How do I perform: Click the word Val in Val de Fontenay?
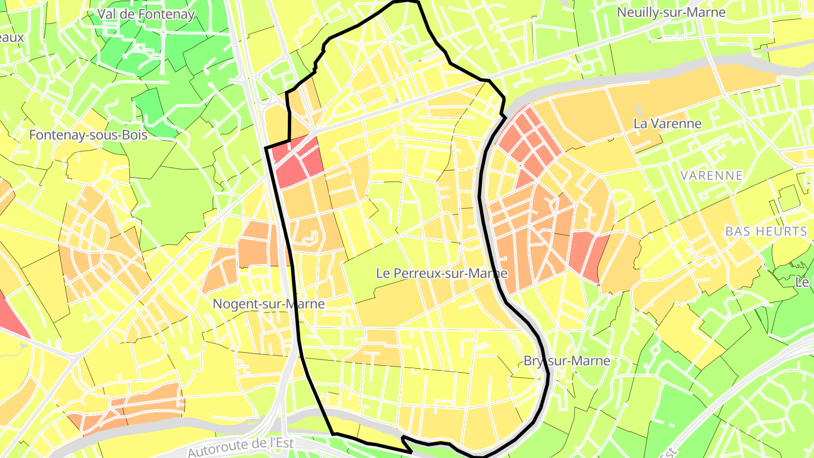tap(107, 14)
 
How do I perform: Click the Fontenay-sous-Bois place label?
tap(88, 135)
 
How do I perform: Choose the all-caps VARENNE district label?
tap(712, 175)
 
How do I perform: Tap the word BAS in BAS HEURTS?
tap(738, 231)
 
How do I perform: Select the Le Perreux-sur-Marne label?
tap(441, 273)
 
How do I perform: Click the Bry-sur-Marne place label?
tap(567, 361)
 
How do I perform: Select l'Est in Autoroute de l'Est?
tap(281, 443)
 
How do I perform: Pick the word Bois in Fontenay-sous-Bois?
tap(136, 135)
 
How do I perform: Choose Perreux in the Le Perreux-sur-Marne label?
tap(414, 273)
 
